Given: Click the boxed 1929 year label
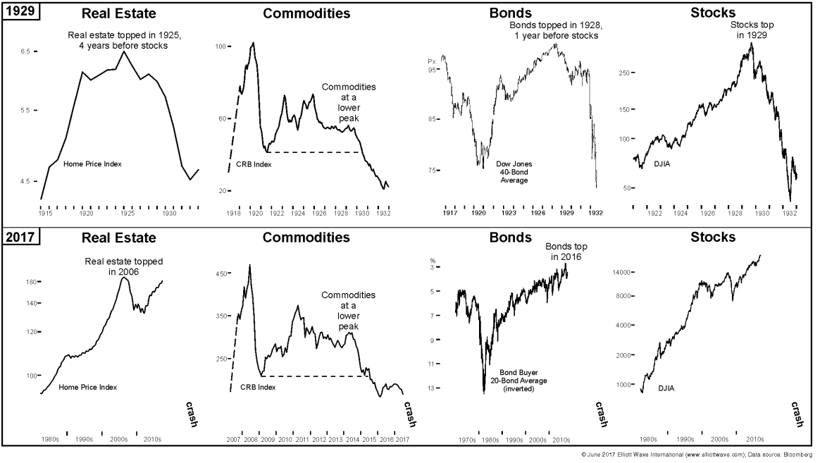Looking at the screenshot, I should coord(19,13).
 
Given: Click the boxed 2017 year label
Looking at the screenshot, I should coord(19,237).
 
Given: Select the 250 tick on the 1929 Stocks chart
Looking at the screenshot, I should coord(623,73).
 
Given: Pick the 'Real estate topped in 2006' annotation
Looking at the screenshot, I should coord(123,266).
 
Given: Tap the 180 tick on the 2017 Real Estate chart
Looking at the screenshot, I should coord(30,282).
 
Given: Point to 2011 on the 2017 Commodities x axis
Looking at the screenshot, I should coord(302,440).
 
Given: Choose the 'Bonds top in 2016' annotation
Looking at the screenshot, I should coord(566,252).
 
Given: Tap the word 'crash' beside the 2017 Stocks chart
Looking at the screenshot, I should coord(796,414).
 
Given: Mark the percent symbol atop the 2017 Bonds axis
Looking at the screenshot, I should coord(433,258).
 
